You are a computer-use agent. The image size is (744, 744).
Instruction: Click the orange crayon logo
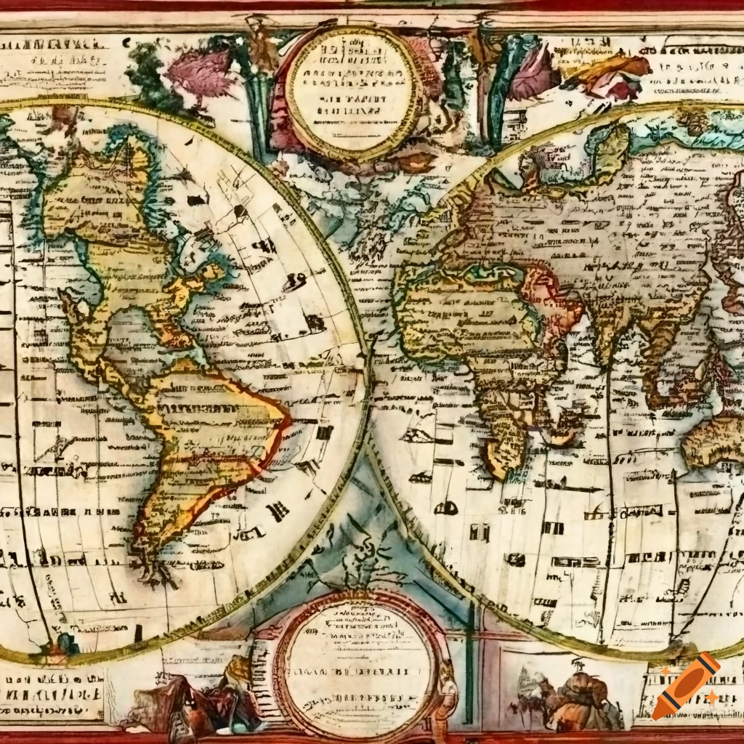686,686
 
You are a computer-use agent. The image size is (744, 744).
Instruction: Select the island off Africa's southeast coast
559,429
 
